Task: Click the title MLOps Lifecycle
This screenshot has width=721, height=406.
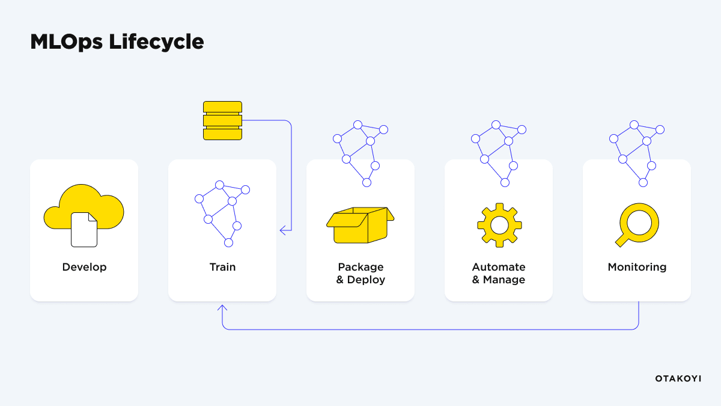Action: [x=117, y=42]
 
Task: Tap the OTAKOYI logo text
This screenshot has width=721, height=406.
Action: [x=678, y=378]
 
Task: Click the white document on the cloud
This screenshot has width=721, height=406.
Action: [x=84, y=230]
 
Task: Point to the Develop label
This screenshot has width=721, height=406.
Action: [x=84, y=267]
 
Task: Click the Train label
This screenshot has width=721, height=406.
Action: [x=222, y=267]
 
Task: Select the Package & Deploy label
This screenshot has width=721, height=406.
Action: [x=360, y=273]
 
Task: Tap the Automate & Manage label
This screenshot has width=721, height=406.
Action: [x=499, y=273]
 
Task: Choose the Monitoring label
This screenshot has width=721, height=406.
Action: [x=637, y=267]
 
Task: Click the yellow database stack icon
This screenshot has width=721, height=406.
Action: [x=222, y=120]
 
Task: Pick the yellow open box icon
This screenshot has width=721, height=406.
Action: [x=360, y=226]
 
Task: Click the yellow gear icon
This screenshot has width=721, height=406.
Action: [x=499, y=225]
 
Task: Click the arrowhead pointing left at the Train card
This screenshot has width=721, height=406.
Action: [x=282, y=230]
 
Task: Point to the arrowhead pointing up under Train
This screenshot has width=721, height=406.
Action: [x=222, y=307]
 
